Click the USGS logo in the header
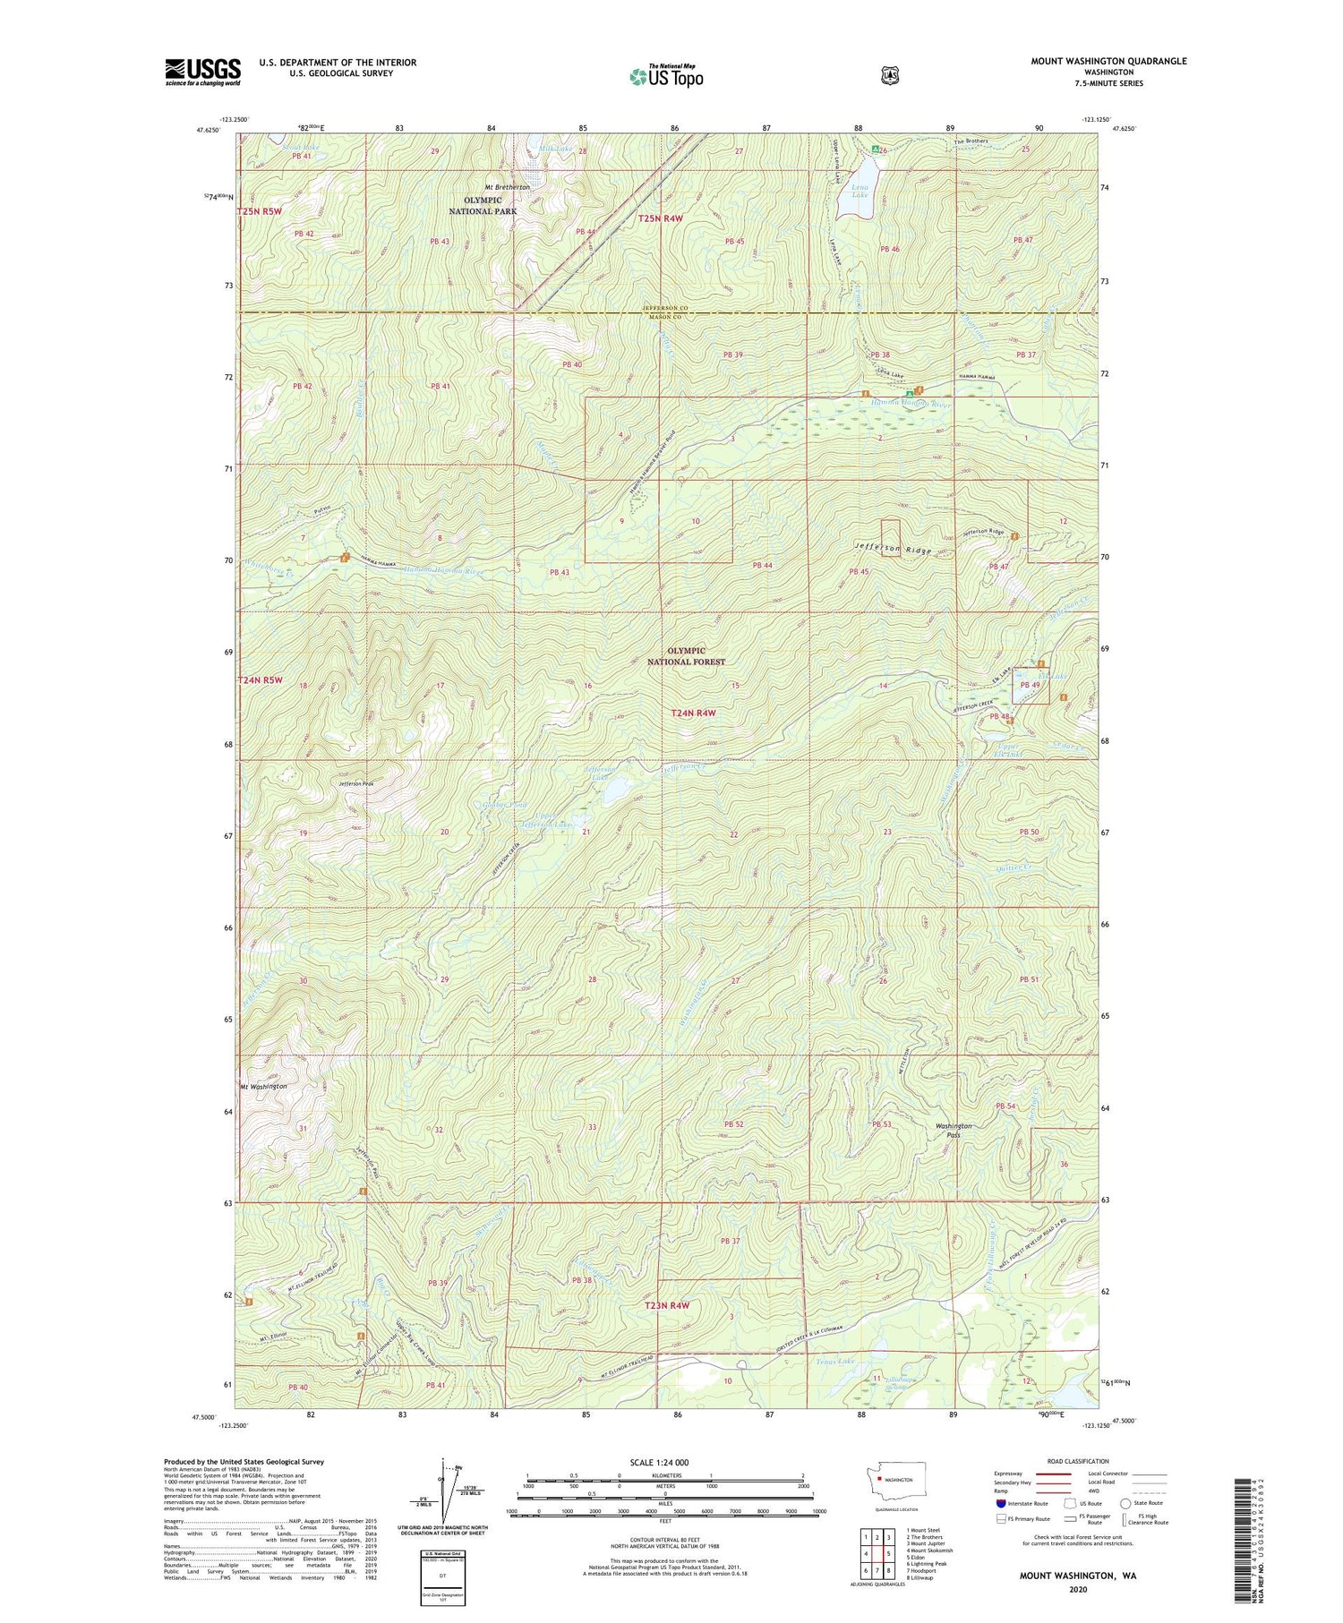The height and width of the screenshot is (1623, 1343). click(202, 72)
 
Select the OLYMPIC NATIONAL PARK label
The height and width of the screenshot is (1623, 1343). click(483, 205)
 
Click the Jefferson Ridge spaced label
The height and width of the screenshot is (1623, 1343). click(893, 549)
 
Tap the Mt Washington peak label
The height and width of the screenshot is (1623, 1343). click(263, 1086)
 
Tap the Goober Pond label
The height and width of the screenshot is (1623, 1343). click(501, 805)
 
